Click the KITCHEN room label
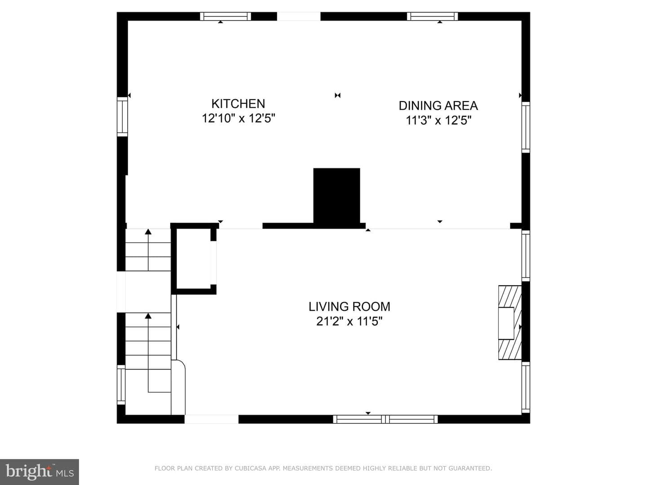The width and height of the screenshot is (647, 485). pos(238,104)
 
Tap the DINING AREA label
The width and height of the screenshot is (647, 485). pos(438,106)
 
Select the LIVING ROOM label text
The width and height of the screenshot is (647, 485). pos(349,307)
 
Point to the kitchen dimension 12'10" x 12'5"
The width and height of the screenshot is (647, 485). pos(238,119)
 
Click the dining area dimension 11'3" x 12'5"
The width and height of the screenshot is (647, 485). pos(439,120)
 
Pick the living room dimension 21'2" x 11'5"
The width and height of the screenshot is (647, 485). pos(349,321)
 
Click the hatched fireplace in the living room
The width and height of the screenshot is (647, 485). pos(510,322)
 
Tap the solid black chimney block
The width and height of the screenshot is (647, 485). pos(337,196)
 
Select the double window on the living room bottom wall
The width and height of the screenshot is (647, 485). pos(385,419)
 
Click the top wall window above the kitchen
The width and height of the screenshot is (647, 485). pos(226,16)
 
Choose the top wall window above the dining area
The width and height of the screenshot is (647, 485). pos(432,16)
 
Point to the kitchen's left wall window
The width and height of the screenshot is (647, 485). pos(122,117)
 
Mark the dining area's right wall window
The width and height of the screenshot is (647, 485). pos(526,127)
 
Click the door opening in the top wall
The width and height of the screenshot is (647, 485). pos(299,16)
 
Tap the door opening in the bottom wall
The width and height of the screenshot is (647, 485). pos(211,419)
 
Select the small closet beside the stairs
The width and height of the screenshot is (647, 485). pos(194,259)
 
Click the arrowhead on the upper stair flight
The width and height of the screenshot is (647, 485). pos(148,232)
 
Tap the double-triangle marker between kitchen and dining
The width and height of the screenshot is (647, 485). pos(337,95)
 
